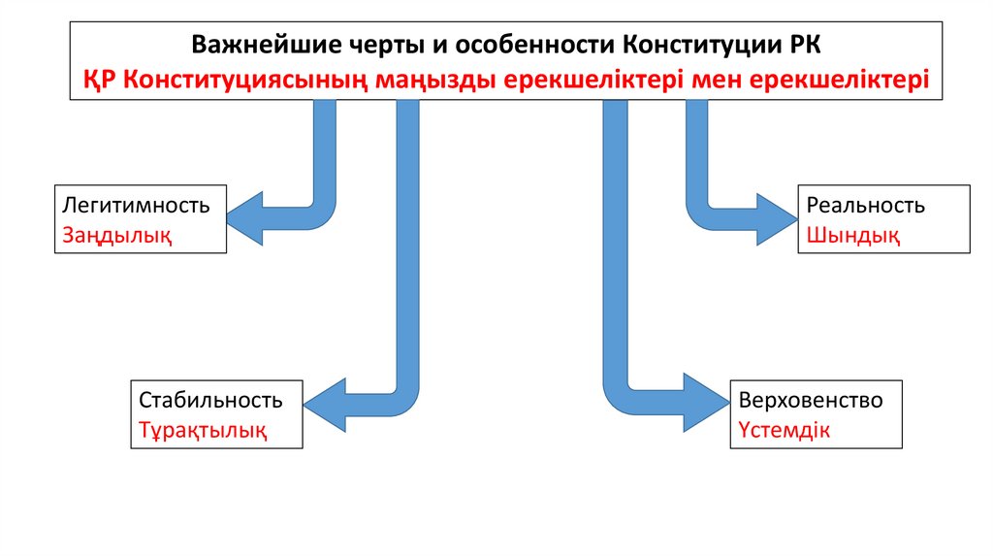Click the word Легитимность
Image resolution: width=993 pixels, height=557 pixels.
coord(137,206)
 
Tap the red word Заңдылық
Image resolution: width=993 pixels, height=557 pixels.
coord(117,235)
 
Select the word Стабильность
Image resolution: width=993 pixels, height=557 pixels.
coord(210,400)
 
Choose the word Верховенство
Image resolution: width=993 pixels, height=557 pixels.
coord(810,400)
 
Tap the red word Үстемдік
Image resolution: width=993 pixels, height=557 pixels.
coord(784,430)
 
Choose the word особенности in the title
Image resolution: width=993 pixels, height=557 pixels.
coord(525,46)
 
